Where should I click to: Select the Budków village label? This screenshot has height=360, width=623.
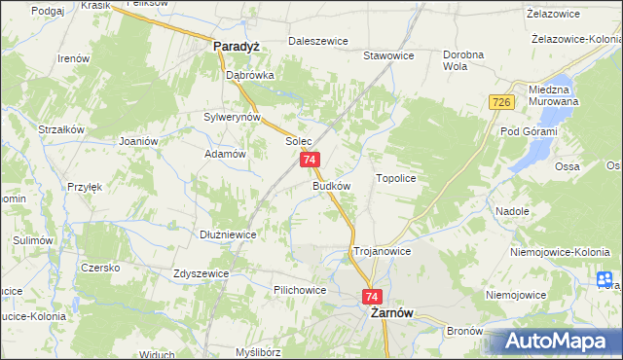click(331, 184)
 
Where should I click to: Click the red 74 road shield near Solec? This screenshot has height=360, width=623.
click(310, 160)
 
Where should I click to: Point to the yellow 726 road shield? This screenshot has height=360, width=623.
click(501, 103)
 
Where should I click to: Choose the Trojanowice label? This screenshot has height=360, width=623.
click(382, 250)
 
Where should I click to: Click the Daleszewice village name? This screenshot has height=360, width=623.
click(317, 42)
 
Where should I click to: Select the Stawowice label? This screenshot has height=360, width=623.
click(388, 55)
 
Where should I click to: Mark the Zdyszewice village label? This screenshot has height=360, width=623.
click(201, 273)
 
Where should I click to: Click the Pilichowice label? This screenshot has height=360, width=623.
click(300, 290)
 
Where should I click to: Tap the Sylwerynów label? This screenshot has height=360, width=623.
click(232, 117)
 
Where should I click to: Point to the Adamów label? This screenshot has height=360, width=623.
click(223, 154)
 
